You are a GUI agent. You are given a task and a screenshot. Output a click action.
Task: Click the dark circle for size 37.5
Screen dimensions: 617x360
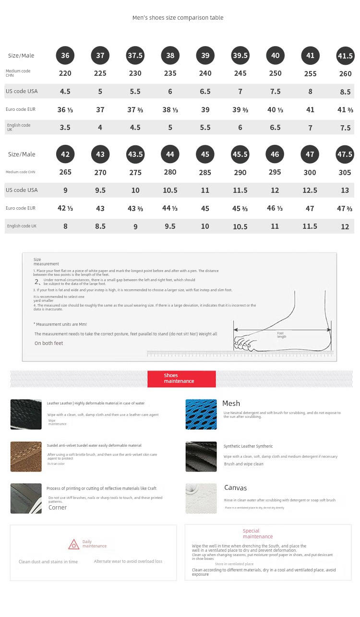point(135,56)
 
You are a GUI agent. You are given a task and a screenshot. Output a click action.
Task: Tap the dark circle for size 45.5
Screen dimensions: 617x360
point(240,154)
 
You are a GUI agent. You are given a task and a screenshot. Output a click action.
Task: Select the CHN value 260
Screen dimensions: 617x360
point(345,74)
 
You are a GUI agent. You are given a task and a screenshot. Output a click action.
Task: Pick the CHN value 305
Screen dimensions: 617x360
point(345,173)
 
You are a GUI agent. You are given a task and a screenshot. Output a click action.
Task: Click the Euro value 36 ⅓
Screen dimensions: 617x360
point(65,110)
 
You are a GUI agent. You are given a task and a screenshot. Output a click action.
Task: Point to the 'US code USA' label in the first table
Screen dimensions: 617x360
point(22,91)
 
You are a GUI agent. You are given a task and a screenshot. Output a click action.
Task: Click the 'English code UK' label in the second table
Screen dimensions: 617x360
point(21,226)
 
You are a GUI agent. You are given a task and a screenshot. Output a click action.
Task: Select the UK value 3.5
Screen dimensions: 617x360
point(65,128)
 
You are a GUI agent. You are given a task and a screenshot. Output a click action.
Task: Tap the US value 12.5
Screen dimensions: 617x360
point(310,190)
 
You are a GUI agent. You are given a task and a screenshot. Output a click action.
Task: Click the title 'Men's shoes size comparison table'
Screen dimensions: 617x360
point(178,18)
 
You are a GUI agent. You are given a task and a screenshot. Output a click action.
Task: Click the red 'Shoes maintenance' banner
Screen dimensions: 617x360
point(181,379)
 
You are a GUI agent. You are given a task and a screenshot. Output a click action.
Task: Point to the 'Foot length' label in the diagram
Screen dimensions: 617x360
point(281,335)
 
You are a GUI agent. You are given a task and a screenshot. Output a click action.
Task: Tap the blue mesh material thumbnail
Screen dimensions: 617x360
point(201,414)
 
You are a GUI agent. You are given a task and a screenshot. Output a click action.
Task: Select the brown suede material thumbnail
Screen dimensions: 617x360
point(26,456)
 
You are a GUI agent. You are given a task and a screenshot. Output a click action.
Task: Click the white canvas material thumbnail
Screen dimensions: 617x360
point(201,498)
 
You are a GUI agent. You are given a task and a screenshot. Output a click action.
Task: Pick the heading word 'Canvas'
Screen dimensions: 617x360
point(235,488)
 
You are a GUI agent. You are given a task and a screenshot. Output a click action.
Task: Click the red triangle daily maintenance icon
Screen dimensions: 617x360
point(73,545)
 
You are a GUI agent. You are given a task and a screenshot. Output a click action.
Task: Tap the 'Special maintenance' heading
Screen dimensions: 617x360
point(257,534)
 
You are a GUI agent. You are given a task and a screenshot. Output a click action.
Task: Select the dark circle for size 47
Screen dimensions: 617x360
point(310,154)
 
